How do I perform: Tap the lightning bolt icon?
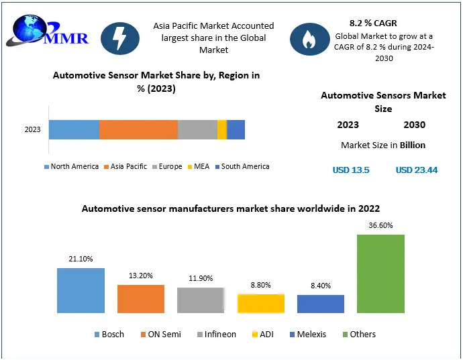[120, 38]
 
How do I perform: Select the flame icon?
[309, 39]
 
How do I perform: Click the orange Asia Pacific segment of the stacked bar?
[138, 129]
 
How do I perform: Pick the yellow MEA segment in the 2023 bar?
[222, 129]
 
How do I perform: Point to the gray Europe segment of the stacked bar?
[197, 129]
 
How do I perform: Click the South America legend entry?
[242, 166]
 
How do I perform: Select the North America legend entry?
[71, 166]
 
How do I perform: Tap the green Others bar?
[380, 274]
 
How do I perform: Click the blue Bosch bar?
[81, 290]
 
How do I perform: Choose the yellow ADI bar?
[261, 303]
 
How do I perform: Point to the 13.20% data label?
[140, 276]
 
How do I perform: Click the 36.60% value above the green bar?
[380, 225]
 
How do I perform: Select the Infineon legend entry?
[217, 335]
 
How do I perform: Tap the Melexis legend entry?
[308, 335]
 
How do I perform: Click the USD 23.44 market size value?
[417, 170]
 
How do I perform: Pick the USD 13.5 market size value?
[351, 170]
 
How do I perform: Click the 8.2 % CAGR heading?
[373, 23]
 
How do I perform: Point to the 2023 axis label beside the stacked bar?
[32, 129]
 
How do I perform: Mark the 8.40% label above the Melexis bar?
[321, 286]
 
